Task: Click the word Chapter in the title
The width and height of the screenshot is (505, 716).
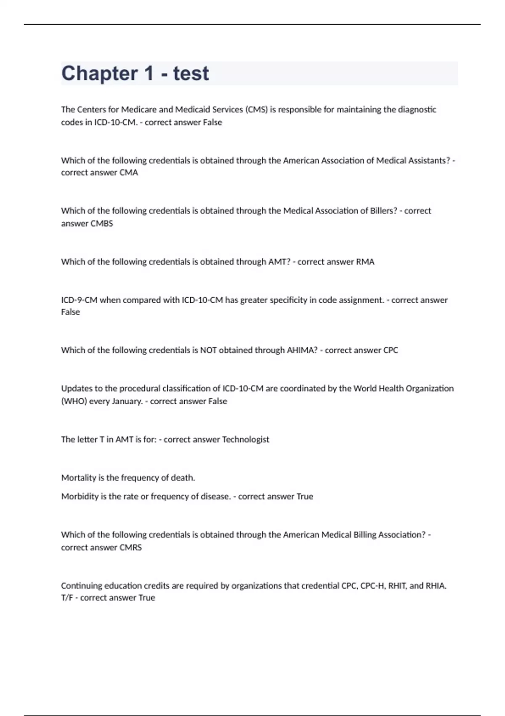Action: click(99, 73)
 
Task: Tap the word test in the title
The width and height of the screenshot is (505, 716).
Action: click(191, 73)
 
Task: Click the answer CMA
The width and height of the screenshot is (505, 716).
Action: click(129, 173)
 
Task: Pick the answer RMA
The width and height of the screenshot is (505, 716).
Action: click(365, 262)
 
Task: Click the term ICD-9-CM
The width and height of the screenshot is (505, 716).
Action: click(79, 300)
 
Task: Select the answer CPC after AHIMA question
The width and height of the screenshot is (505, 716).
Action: click(391, 350)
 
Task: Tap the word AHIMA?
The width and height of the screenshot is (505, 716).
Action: click(302, 350)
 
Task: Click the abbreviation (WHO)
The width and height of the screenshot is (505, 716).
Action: click(74, 401)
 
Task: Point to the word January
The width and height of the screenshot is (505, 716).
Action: click(127, 401)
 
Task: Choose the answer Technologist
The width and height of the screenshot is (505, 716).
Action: click(245, 439)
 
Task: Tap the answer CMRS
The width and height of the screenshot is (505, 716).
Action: click(130, 548)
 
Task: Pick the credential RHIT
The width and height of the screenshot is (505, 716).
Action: click(398, 585)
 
